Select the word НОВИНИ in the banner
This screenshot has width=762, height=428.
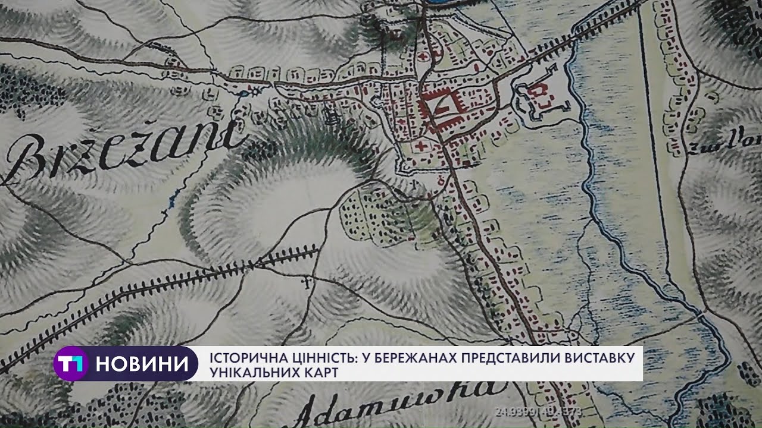146,363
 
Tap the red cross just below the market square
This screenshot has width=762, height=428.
423,146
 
